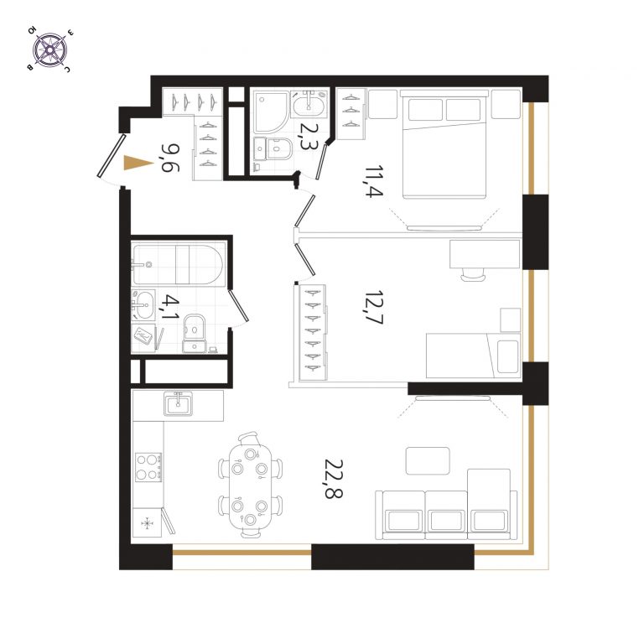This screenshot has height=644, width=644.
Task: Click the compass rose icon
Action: point(49,49)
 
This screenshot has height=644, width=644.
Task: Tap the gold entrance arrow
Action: point(139,163)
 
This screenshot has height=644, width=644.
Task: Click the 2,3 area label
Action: point(307,137)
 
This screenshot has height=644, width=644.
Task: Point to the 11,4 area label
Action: point(374,181)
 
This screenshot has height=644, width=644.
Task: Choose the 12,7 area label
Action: point(373,308)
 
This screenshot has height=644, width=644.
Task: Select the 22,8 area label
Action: point(334,479)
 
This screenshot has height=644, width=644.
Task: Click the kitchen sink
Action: point(178,403)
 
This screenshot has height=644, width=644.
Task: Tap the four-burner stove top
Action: point(148,467)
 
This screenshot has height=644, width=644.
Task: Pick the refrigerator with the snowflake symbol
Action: point(147,522)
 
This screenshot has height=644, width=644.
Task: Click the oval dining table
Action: point(250,485)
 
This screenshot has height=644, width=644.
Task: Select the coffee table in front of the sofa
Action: point(428,461)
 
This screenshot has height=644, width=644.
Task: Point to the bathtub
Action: point(178,264)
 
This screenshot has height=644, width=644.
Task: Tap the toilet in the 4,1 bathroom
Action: point(195,333)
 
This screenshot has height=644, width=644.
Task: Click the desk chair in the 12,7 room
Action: point(473,274)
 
